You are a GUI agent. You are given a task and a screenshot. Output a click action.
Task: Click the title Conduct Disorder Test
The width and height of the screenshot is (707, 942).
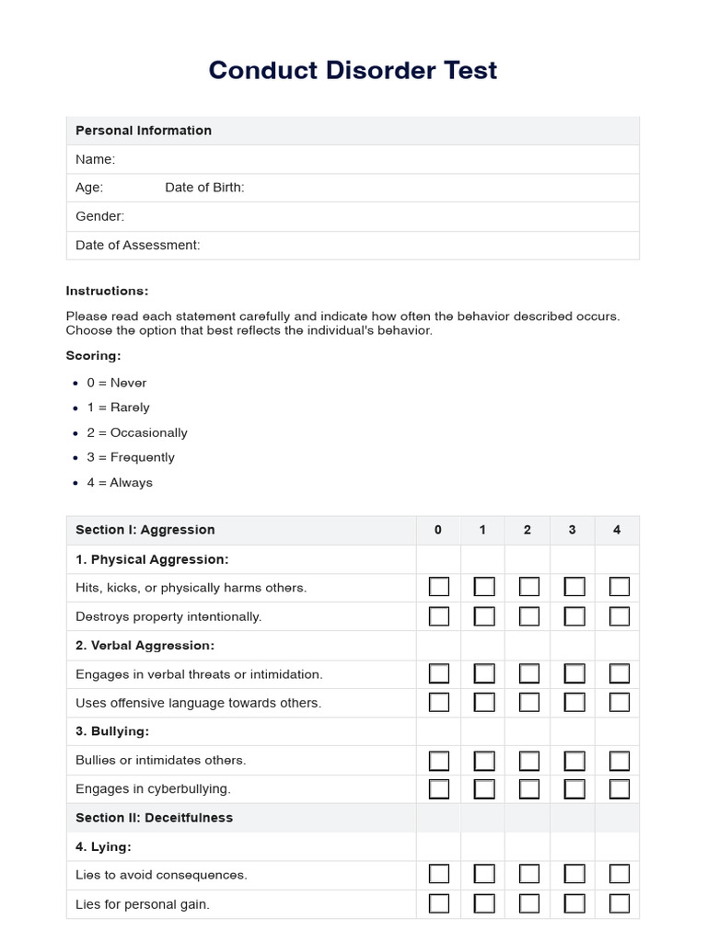[353, 70]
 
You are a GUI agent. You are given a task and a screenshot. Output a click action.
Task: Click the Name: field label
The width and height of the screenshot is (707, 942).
[95, 159]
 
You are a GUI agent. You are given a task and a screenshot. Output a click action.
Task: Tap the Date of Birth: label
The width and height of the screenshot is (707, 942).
[204, 188]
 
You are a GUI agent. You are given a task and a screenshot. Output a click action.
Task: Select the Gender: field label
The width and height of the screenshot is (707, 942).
[99, 216]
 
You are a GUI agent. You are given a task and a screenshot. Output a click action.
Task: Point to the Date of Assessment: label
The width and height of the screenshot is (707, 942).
[137, 245]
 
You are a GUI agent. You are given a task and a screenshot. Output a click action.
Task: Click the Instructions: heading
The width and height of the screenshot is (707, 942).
[107, 291]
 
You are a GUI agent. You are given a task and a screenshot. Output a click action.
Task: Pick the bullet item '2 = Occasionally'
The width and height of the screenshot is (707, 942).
[137, 432]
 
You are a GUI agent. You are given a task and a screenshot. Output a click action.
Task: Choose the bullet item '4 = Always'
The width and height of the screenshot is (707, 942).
[120, 482]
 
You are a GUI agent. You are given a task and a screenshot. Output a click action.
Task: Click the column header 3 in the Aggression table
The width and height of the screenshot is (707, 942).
[573, 530]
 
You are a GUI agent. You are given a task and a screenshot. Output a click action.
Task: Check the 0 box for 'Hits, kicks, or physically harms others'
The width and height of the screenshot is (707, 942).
[439, 587]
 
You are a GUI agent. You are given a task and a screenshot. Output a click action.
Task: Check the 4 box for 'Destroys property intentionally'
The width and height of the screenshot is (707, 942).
[620, 616]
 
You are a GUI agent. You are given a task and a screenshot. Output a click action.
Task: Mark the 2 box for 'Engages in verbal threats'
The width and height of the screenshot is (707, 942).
[529, 673]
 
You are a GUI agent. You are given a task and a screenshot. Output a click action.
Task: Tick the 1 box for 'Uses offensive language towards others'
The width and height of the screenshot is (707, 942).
[484, 703]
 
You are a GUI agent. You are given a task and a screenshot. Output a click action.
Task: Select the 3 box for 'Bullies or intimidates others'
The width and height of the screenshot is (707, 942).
[574, 761]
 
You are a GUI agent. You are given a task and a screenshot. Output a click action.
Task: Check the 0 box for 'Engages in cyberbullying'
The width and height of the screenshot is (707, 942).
[439, 789]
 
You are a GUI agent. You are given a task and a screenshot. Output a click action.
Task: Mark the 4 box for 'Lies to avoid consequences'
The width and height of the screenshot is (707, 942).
[620, 875]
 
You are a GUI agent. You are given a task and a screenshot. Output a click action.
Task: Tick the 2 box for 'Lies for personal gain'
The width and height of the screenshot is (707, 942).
[529, 903]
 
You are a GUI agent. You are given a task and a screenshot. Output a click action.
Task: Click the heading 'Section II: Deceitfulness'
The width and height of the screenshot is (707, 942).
[154, 818]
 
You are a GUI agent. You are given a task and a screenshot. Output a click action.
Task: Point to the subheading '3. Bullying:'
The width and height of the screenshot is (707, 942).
[112, 731]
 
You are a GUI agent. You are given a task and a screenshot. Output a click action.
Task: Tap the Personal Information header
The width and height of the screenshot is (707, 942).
[144, 131]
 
